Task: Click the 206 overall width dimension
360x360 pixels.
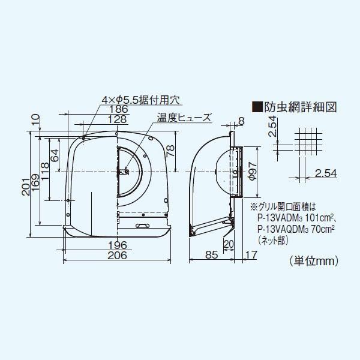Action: coord(118,256)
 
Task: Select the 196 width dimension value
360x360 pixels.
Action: coord(118,245)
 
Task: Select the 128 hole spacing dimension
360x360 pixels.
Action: coord(118,120)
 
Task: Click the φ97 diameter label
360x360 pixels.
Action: coord(252,174)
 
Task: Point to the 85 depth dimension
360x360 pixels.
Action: coord(211,255)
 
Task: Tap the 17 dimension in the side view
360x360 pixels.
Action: coord(251,255)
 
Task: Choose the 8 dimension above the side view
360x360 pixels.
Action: coord(241,121)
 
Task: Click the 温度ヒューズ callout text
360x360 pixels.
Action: coord(184,118)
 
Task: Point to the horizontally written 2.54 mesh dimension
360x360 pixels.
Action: coord(326,173)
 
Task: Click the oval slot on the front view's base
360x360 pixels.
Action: coord(143,226)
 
